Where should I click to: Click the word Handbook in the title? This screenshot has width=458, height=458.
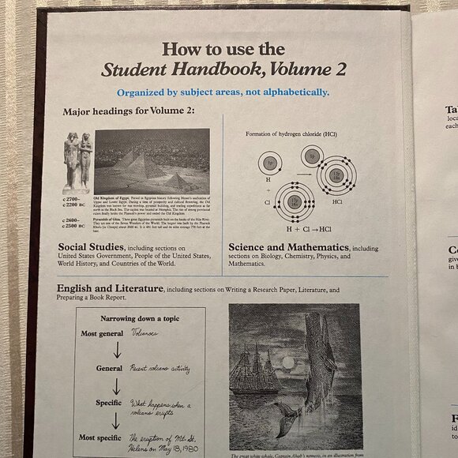(x=229, y=70)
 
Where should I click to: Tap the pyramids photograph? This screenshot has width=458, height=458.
(x=152, y=160)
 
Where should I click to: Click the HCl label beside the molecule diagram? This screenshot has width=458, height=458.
(x=337, y=202)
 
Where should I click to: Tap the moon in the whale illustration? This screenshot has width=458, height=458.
(x=287, y=362)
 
